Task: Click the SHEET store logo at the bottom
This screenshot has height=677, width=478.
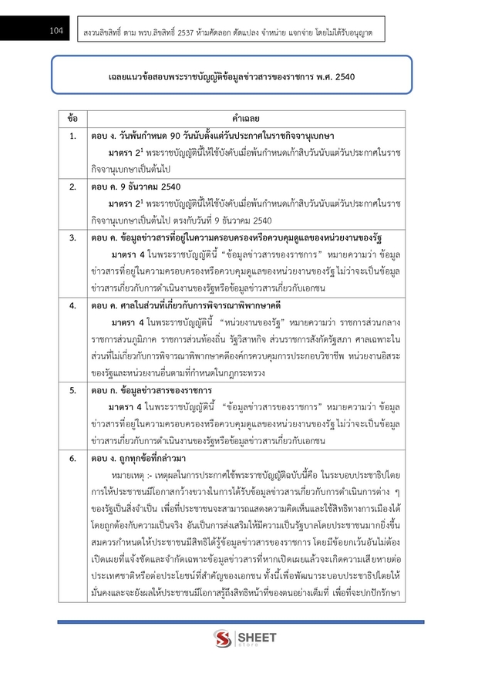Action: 238,638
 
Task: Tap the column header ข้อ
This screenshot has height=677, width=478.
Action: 72,120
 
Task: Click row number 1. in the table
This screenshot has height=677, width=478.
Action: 72,136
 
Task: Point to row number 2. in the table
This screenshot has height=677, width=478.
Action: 72,187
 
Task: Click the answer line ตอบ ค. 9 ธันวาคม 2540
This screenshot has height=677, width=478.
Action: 134,187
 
